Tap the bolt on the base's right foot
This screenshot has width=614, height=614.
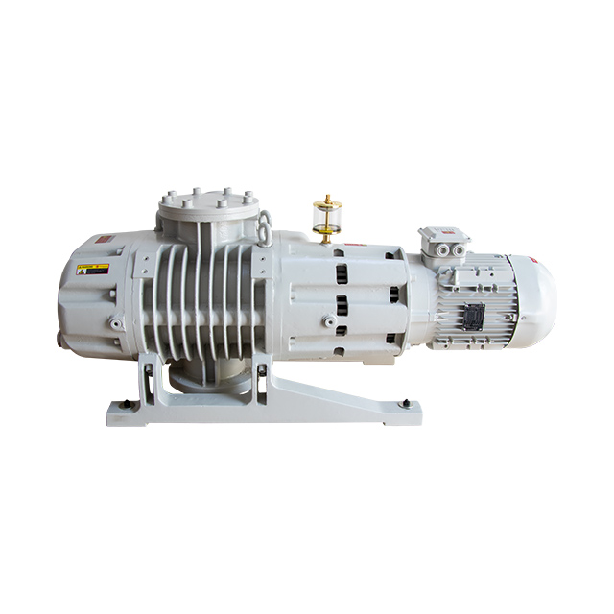(407, 403)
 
